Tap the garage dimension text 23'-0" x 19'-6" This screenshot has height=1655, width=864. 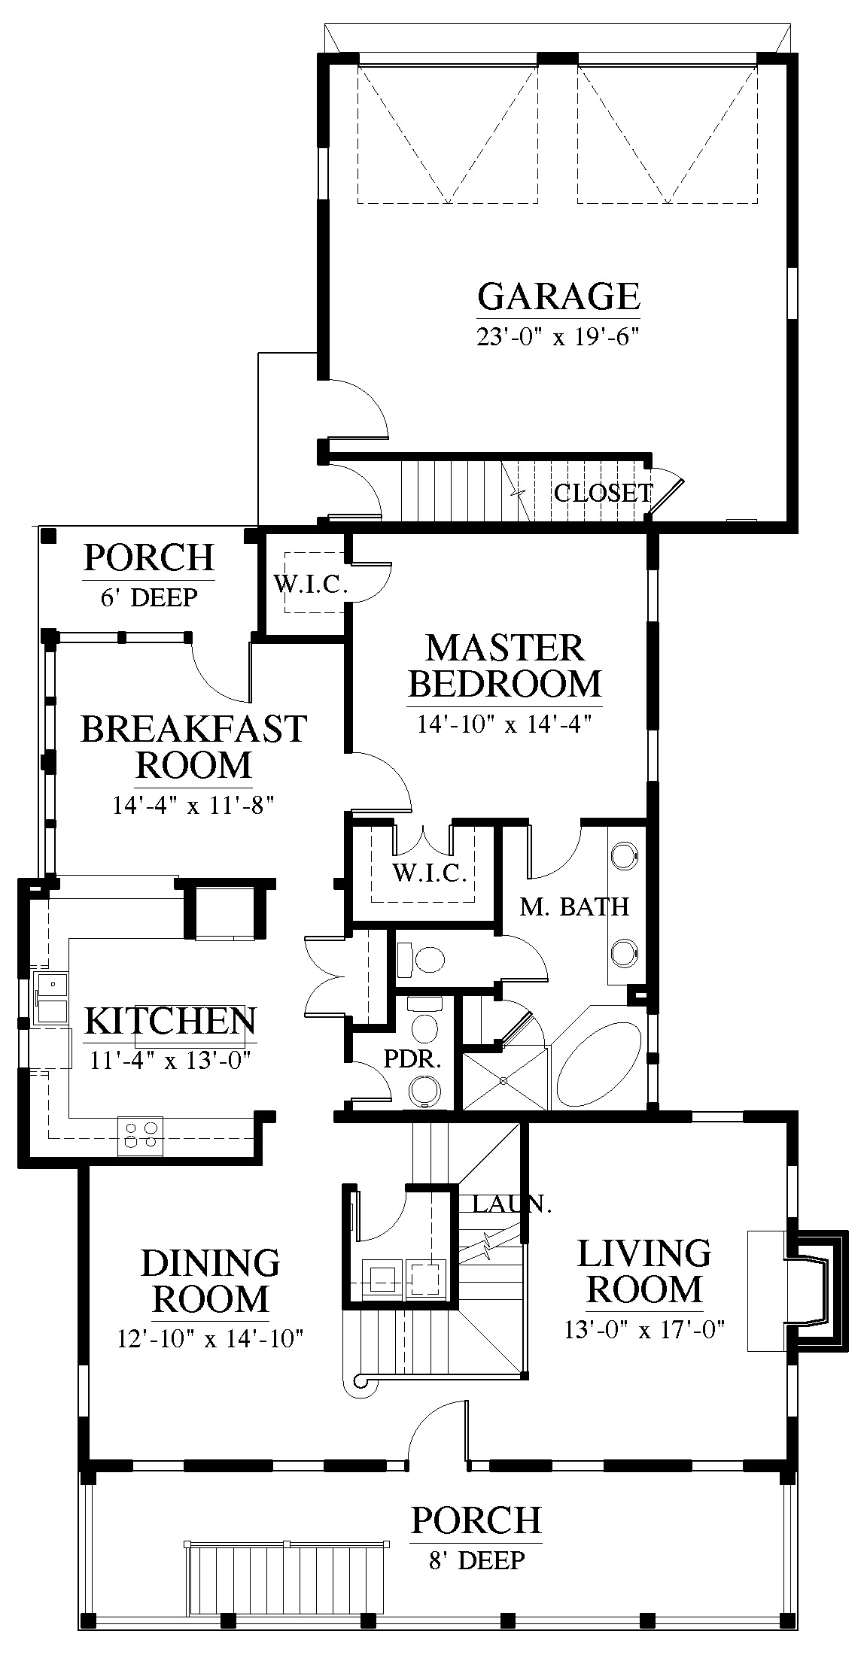tap(558, 336)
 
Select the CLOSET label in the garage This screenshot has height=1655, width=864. tap(603, 493)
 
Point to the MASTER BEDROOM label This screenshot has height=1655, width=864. tap(505, 665)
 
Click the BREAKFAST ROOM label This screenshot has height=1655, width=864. tap(194, 746)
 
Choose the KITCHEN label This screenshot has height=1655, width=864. tap(170, 1021)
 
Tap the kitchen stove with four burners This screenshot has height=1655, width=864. tap(141, 1135)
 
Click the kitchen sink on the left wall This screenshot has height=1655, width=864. tap(51, 998)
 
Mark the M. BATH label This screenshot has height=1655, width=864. tap(574, 906)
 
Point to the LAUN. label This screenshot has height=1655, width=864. tap(512, 1204)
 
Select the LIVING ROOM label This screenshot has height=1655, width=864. tap(643, 1271)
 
